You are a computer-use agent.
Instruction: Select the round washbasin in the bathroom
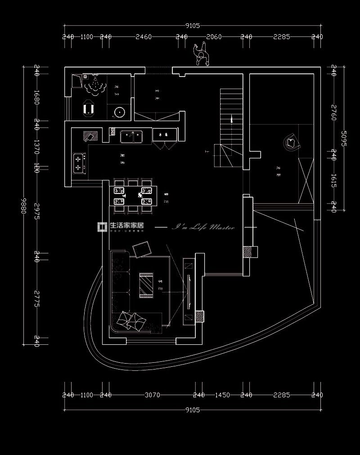(x=120, y=112)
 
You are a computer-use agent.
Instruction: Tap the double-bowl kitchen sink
(x=131, y=135)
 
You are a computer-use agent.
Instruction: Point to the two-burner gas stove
(x=80, y=163)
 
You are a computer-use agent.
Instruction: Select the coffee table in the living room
(x=147, y=284)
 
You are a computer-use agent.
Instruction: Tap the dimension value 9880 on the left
(x=23, y=206)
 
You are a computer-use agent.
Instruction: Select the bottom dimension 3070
(x=152, y=395)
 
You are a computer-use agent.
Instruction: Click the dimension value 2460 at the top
(x=144, y=37)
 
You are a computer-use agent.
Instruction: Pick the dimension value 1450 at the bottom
(x=222, y=395)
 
